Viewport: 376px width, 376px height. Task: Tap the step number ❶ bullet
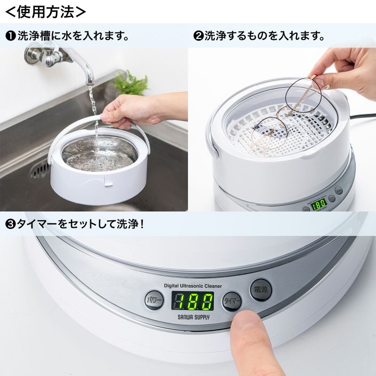(10, 36)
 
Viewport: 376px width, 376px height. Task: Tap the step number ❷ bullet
(198, 36)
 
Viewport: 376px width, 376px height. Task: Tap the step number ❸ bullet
(10, 224)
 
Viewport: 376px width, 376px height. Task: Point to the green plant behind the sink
(130, 84)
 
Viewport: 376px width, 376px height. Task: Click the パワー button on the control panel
(154, 300)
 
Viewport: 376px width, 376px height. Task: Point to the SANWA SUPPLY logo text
(193, 317)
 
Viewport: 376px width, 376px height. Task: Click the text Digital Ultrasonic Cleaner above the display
(193, 285)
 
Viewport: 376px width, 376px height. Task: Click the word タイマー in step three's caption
(37, 224)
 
